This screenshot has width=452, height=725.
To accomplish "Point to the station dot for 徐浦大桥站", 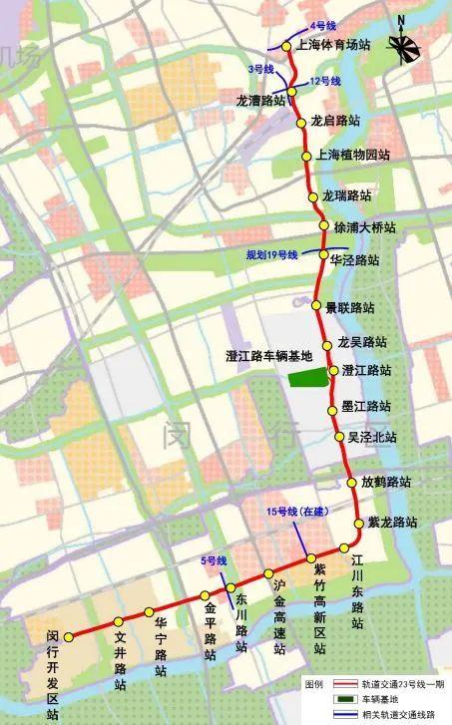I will click(324, 226).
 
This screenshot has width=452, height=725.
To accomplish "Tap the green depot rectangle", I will click(308, 377).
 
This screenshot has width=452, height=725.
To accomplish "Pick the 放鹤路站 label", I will click(386, 482).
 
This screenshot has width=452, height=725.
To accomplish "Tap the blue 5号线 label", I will click(215, 561).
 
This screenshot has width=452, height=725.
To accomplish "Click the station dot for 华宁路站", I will click(149, 611).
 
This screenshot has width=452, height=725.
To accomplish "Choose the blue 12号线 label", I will click(326, 81).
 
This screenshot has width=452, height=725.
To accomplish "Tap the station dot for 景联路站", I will click(317, 306).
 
